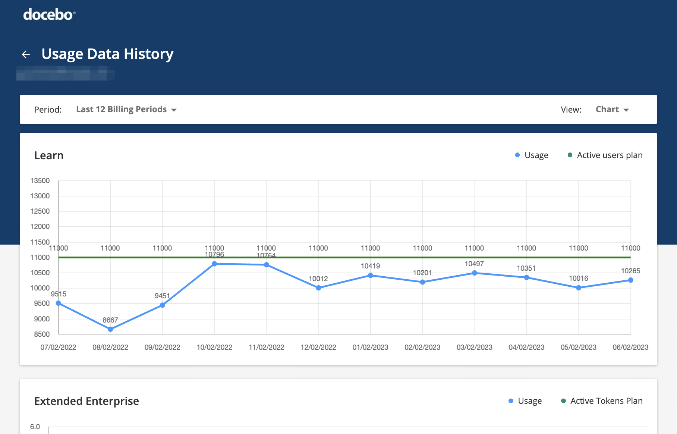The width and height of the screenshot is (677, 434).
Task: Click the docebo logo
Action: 49,15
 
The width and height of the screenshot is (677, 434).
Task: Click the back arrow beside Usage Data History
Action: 26,54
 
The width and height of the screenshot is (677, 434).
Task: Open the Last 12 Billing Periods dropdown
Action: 126,110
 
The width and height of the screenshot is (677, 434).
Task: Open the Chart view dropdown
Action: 612,110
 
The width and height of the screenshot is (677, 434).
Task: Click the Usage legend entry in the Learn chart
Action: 532,155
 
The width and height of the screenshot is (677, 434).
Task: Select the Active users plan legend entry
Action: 605,155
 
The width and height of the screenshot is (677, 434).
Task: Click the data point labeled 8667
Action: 110,329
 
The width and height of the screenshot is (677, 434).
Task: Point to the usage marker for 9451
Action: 163,305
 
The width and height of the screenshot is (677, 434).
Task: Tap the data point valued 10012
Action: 318,288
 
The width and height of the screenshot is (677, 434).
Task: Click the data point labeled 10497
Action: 475,273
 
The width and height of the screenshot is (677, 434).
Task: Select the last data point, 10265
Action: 630,280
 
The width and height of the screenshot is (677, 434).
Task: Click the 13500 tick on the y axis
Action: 40,181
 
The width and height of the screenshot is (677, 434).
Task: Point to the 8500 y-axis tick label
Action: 42,334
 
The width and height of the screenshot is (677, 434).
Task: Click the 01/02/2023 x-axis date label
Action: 370,347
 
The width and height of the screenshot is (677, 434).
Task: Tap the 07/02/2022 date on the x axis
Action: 58,347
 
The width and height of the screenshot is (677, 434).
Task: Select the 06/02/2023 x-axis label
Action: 630,347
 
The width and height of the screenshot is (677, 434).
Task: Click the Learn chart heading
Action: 49,155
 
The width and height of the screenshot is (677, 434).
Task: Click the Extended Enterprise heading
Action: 86,401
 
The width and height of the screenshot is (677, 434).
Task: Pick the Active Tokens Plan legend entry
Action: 602,401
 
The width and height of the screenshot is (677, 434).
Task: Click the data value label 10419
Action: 370,266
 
